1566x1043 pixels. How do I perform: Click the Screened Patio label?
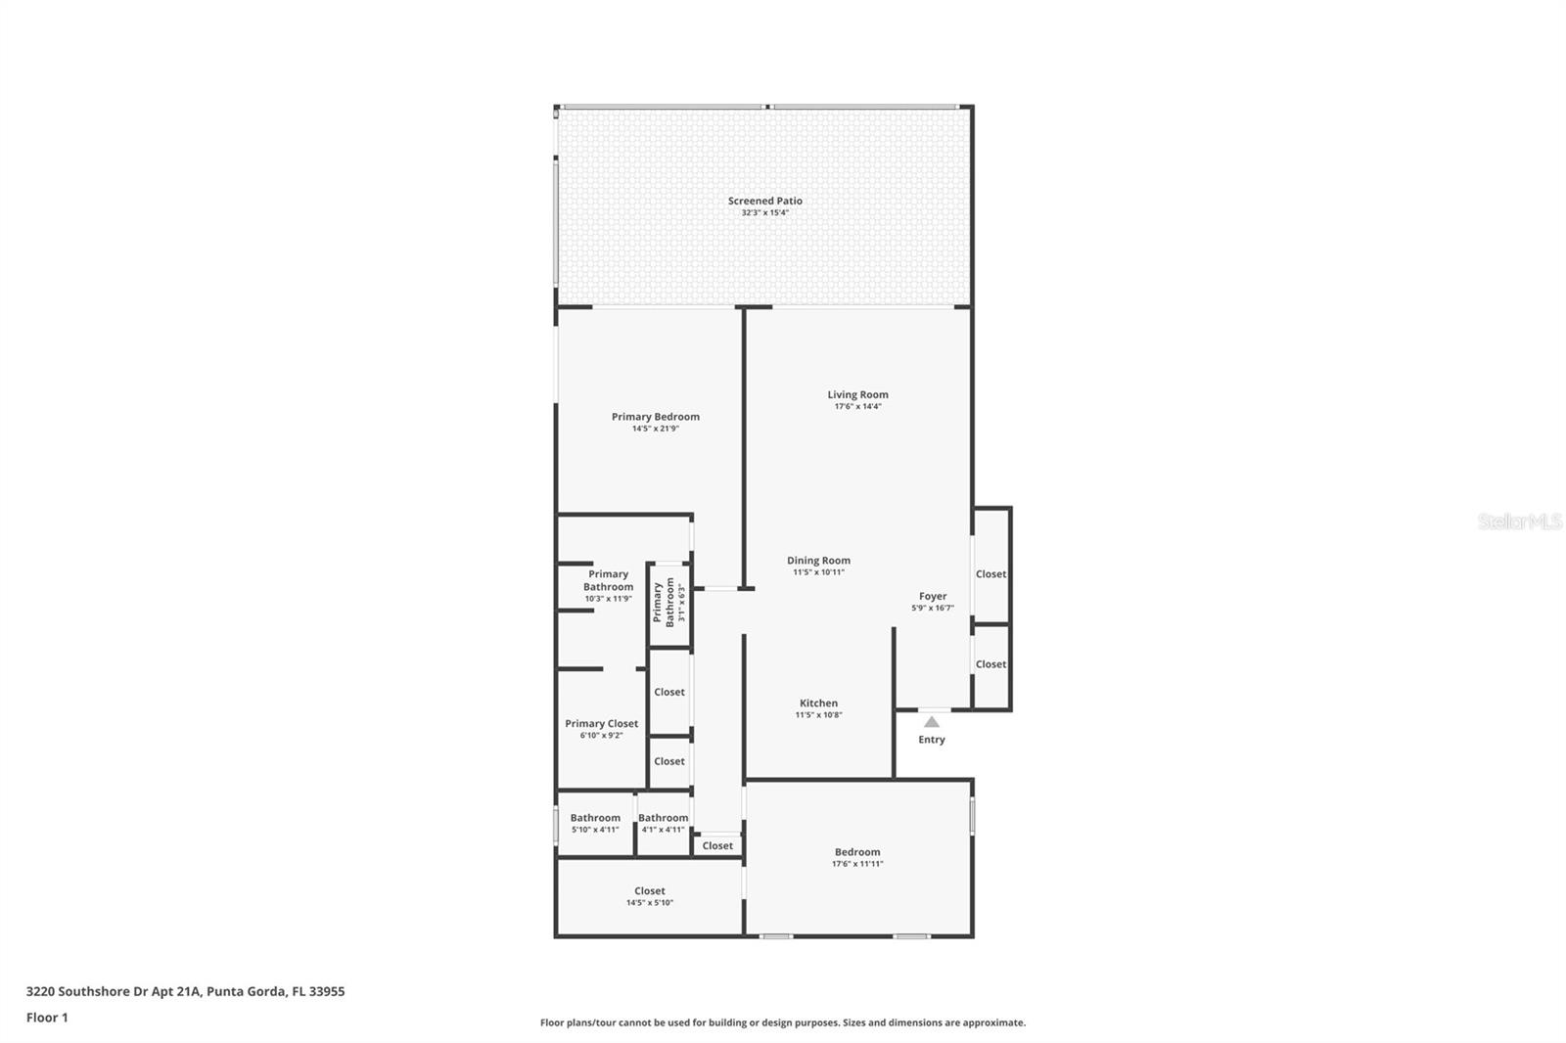tap(764, 201)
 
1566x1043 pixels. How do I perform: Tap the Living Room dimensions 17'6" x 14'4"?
tap(857, 406)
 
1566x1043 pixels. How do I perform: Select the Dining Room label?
tap(818, 561)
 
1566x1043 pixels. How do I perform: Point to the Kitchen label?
tap(818, 703)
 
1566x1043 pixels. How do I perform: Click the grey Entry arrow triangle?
tap(932, 722)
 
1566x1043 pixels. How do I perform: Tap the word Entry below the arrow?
tap(932, 740)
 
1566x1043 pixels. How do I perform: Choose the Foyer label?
tap(932, 596)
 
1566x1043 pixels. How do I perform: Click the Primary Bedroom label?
tap(655, 417)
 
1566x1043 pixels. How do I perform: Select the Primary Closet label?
tap(601, 724)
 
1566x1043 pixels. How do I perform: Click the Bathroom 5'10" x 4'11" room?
tap(595, 823)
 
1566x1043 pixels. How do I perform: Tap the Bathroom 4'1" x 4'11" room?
tap(663, 823)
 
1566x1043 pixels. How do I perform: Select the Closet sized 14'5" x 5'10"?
tap(649, 896)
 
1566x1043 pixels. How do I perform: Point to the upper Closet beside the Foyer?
tap(990, 574)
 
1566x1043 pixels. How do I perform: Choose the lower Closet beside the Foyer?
tap(990, 664)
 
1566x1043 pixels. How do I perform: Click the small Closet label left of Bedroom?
tap(716, 846)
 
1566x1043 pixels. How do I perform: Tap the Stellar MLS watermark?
tap(1519, 522)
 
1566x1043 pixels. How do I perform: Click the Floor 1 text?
tap(47, 1018)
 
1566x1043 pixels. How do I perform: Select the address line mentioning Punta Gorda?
tap(185, 991)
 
